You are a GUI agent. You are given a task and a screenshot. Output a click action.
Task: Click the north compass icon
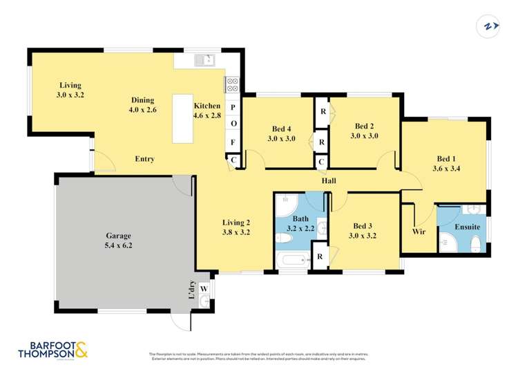pos(490,26)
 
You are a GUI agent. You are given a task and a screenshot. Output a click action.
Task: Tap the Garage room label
pos(118,235)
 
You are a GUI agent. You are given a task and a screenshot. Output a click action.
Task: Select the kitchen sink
pos(204,61)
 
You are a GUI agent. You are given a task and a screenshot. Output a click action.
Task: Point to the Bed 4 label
pos(282,129)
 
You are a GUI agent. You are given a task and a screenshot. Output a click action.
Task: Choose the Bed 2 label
pos(364,126)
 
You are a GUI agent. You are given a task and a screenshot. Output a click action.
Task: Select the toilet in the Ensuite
pos(475,244)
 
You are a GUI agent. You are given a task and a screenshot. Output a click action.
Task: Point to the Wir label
pos(419,232)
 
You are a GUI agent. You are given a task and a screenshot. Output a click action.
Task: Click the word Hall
pos(329,181)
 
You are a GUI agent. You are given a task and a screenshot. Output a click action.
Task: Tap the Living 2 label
pos(236,223)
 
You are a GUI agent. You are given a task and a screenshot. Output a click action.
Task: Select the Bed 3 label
pos(364,226)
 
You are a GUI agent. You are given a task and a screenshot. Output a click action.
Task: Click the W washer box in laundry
pos(203,289)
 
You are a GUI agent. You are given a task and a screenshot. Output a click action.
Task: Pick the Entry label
pos(144,159)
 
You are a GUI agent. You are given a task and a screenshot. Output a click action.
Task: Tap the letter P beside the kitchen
pos(233,108)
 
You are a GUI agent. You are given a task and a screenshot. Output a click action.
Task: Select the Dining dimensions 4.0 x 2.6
pos(142,110)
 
